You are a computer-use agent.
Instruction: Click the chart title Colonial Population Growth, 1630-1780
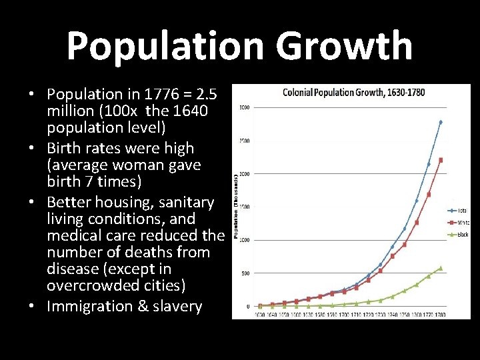coord(354,92)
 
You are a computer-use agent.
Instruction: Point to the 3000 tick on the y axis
coord(245,107)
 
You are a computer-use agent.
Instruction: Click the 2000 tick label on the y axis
coord(245,173)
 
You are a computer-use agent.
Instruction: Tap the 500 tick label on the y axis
coord(245,273)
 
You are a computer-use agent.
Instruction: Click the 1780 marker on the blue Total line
coord(440,122)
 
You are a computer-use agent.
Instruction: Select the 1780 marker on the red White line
coord(440,160)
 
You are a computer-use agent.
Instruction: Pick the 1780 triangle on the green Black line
coord(440,268)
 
